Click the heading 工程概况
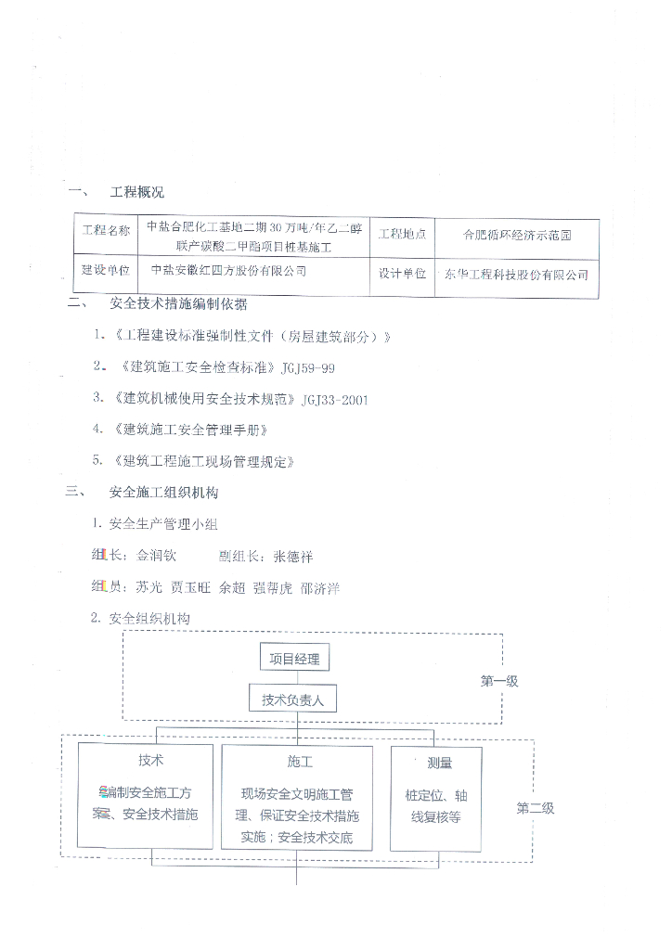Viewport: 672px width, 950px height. [x=137, y=193]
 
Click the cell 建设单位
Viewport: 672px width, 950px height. [x=107, y=270]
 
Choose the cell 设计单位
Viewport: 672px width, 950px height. [x=402, y=274]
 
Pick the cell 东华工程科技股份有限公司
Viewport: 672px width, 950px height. [x=517, y=275]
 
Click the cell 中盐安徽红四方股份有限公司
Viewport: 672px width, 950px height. [x=228, y=270]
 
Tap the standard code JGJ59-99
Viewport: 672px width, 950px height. [x=307, y=368]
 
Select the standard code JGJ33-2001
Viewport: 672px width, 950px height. [x=335, y=400]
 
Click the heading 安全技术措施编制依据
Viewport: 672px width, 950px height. [x=178, y=304]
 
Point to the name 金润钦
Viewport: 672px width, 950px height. [x=155, y=557]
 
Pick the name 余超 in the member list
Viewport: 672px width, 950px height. [x=232, y=587]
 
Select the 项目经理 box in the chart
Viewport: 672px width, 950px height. [x=294, y=660]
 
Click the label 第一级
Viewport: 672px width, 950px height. [x=499, y=681]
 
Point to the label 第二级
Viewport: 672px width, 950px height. [x=536, y=808]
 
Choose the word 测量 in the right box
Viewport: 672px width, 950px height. [x=439, y=764]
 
